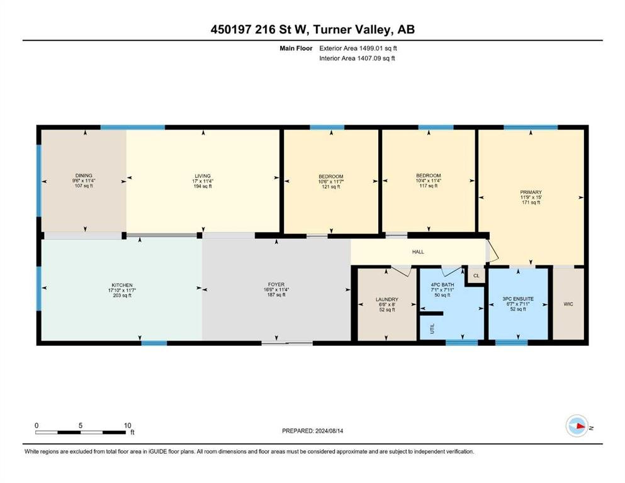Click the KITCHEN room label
pos(122,285)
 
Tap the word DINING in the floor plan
pos(84,175)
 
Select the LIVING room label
pos(203,176)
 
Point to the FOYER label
pos(276,285)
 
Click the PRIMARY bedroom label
pos(531,192)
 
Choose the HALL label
pos(418,252)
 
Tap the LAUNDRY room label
pos(386,299)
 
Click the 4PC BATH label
pos(442,285)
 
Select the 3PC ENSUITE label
pos(518,299)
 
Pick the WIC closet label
pos(568,304)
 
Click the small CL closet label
pos(476,275)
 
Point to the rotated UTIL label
pos(432,328)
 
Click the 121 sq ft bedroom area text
pos(331,187)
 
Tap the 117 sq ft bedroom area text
pos(429,186)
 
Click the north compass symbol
pos(577,426)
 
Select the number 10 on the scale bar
pos(127,425)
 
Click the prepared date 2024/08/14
pos(329,431)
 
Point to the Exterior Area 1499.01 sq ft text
pos(358,48)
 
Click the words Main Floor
pos(296,48)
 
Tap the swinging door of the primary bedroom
pos(493,250)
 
